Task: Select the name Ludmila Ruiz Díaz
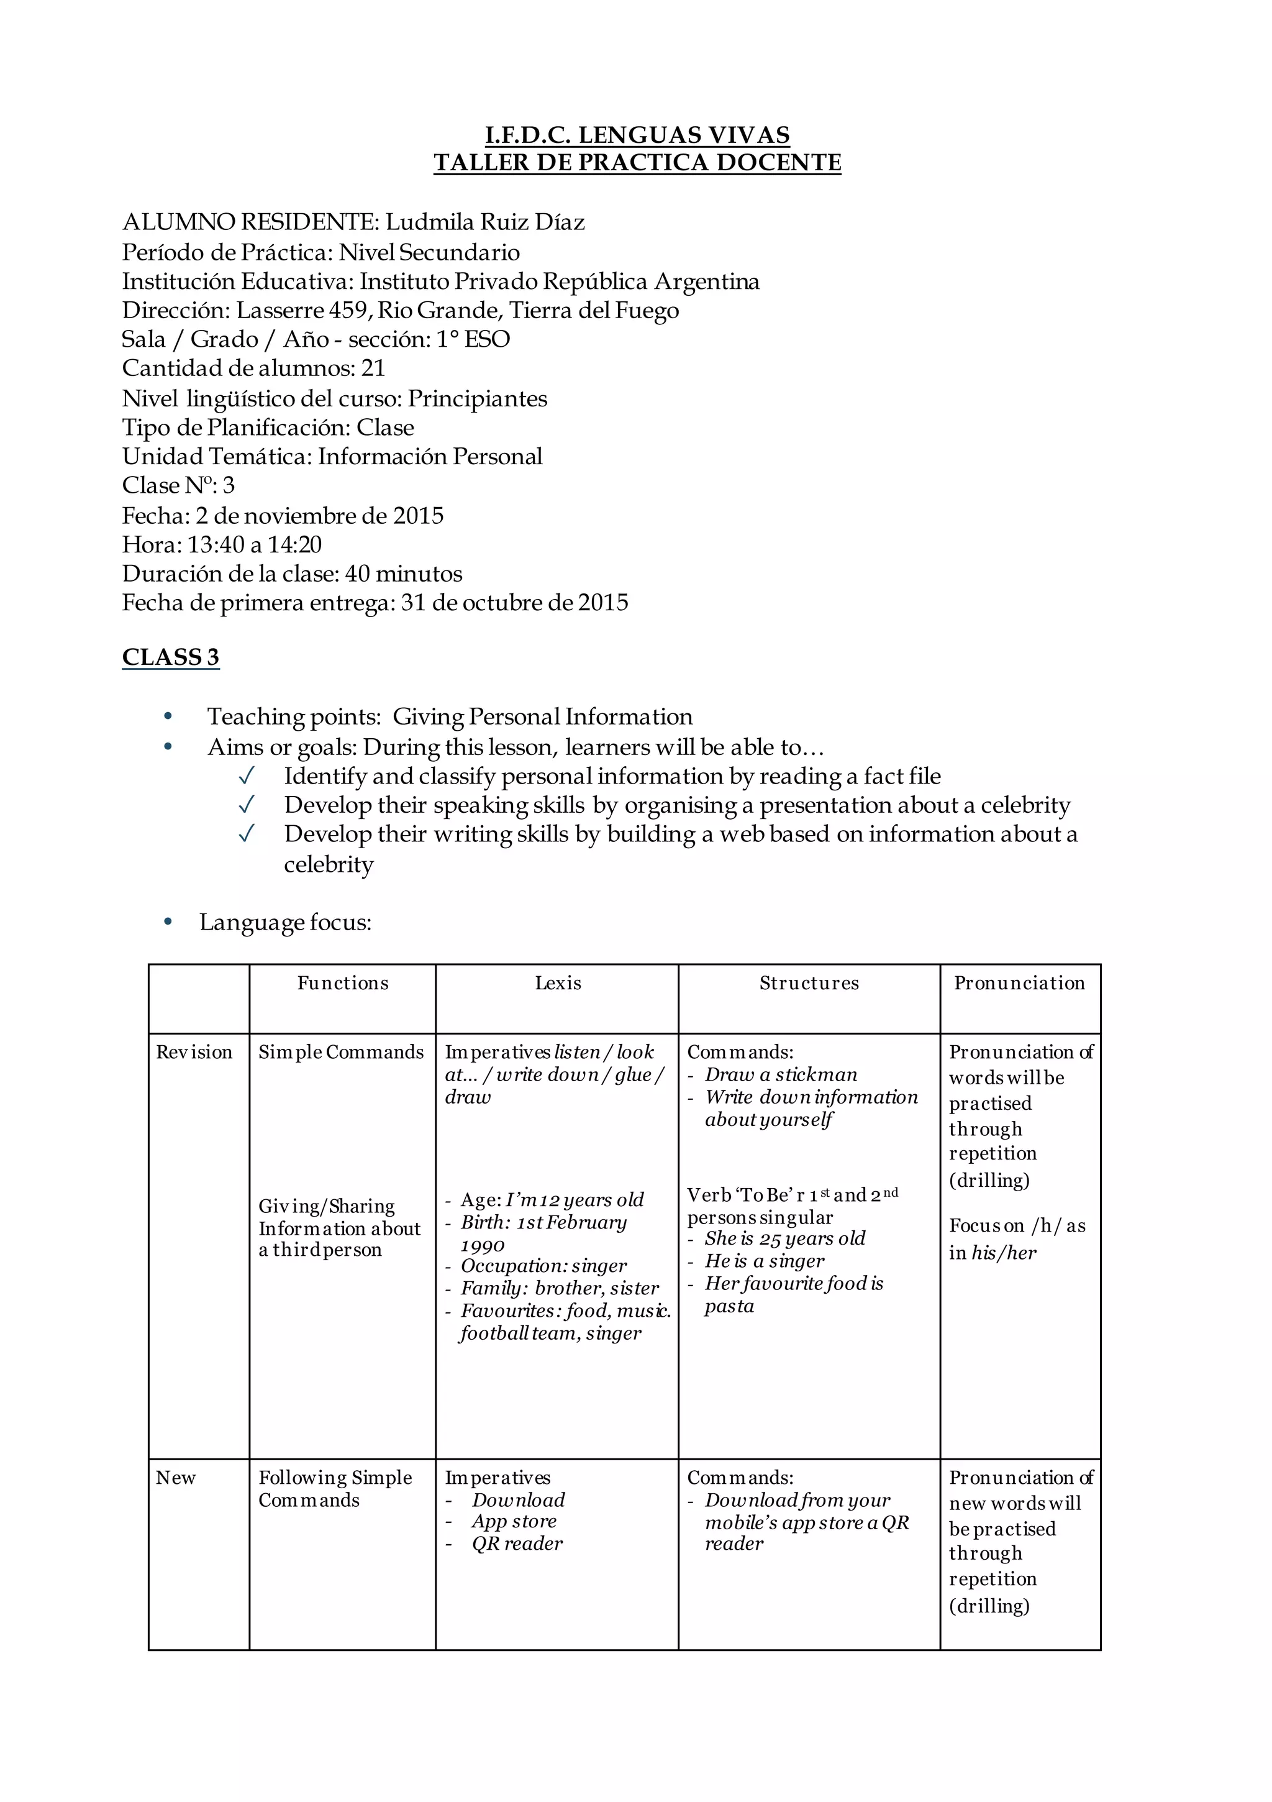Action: [x=485, y=222]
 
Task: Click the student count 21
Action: [x=373, y=368]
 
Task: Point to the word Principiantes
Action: [x=477, y=399]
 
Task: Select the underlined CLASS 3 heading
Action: [x=170, y=657]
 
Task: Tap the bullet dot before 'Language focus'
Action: [x=167, y=922]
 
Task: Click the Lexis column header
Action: [x=558, y=984]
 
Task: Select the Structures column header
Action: [x=809, y=984]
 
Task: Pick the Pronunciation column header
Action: [x=1019, y=984]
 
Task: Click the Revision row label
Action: [x=194, y=1053]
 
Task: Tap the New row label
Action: [x=175, y=1478]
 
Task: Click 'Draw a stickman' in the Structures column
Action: [x=781, y=1074]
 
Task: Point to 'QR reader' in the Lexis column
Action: [x=517, y=1544]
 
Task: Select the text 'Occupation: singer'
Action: [x=544, y=1266]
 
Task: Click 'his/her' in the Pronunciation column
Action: [x=1004, y=1253]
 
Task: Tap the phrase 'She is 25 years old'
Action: [x=784, y=1238]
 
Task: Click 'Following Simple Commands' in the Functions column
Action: [x=335, y=1489]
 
